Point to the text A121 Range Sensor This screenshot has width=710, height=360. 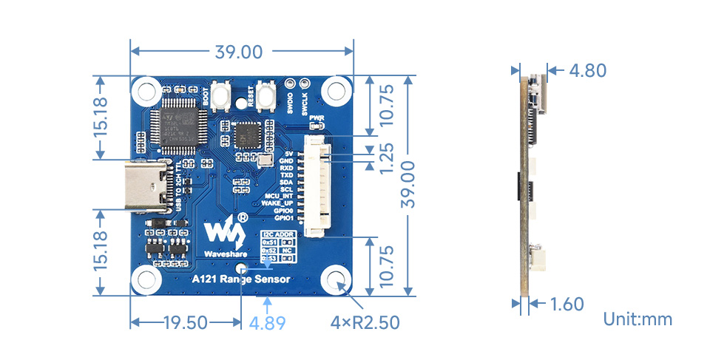point(241,279)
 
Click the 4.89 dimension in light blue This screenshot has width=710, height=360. point(267,323)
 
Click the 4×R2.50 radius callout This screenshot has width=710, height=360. point(365,323)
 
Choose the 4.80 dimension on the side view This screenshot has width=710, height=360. point(588,71)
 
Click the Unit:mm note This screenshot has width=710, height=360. point(638,319)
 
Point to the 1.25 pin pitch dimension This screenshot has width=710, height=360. point(384,157)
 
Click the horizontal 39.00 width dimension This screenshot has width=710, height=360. point(238,52)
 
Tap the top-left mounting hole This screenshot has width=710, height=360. point(146,91)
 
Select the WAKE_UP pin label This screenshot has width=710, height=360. point(280,203)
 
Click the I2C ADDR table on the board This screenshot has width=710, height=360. point(278,246)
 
